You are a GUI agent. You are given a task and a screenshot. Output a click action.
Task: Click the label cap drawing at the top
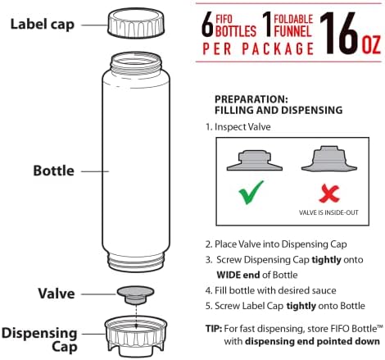[x=136, y=23]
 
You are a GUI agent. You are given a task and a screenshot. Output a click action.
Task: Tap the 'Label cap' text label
[x=43, y=25]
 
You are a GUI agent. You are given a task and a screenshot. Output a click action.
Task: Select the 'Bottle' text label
[x=54, y=171]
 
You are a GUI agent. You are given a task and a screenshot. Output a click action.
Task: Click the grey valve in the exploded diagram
[x=135, y=295]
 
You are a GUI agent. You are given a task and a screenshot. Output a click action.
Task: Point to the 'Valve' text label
[x=57, y=294]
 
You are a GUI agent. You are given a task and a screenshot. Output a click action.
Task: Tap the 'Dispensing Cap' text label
[x=39, y=339]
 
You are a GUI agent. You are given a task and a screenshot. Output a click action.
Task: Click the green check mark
[x=251, y=193]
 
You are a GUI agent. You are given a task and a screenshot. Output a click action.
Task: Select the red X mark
[x=329, y=194]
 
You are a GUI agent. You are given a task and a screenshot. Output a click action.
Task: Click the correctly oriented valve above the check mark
[x=255, y=161]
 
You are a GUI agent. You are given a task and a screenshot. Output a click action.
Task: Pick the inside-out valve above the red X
[x=329, y=159]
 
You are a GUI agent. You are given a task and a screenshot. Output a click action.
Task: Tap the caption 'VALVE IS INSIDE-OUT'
[x=328, y=212]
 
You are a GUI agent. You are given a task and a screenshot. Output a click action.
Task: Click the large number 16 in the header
[x=339, y=34]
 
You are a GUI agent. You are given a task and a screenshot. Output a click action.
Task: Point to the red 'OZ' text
[x=371, y=45]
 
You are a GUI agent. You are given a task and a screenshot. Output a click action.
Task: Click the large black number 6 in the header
[x=207, y=26]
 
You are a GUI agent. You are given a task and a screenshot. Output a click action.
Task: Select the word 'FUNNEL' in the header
[x=292, y=31]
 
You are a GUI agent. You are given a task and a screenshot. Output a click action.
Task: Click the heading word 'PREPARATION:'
[x=251, y=99]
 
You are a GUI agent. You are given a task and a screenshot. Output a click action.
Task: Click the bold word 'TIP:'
[x=214, y=328]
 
